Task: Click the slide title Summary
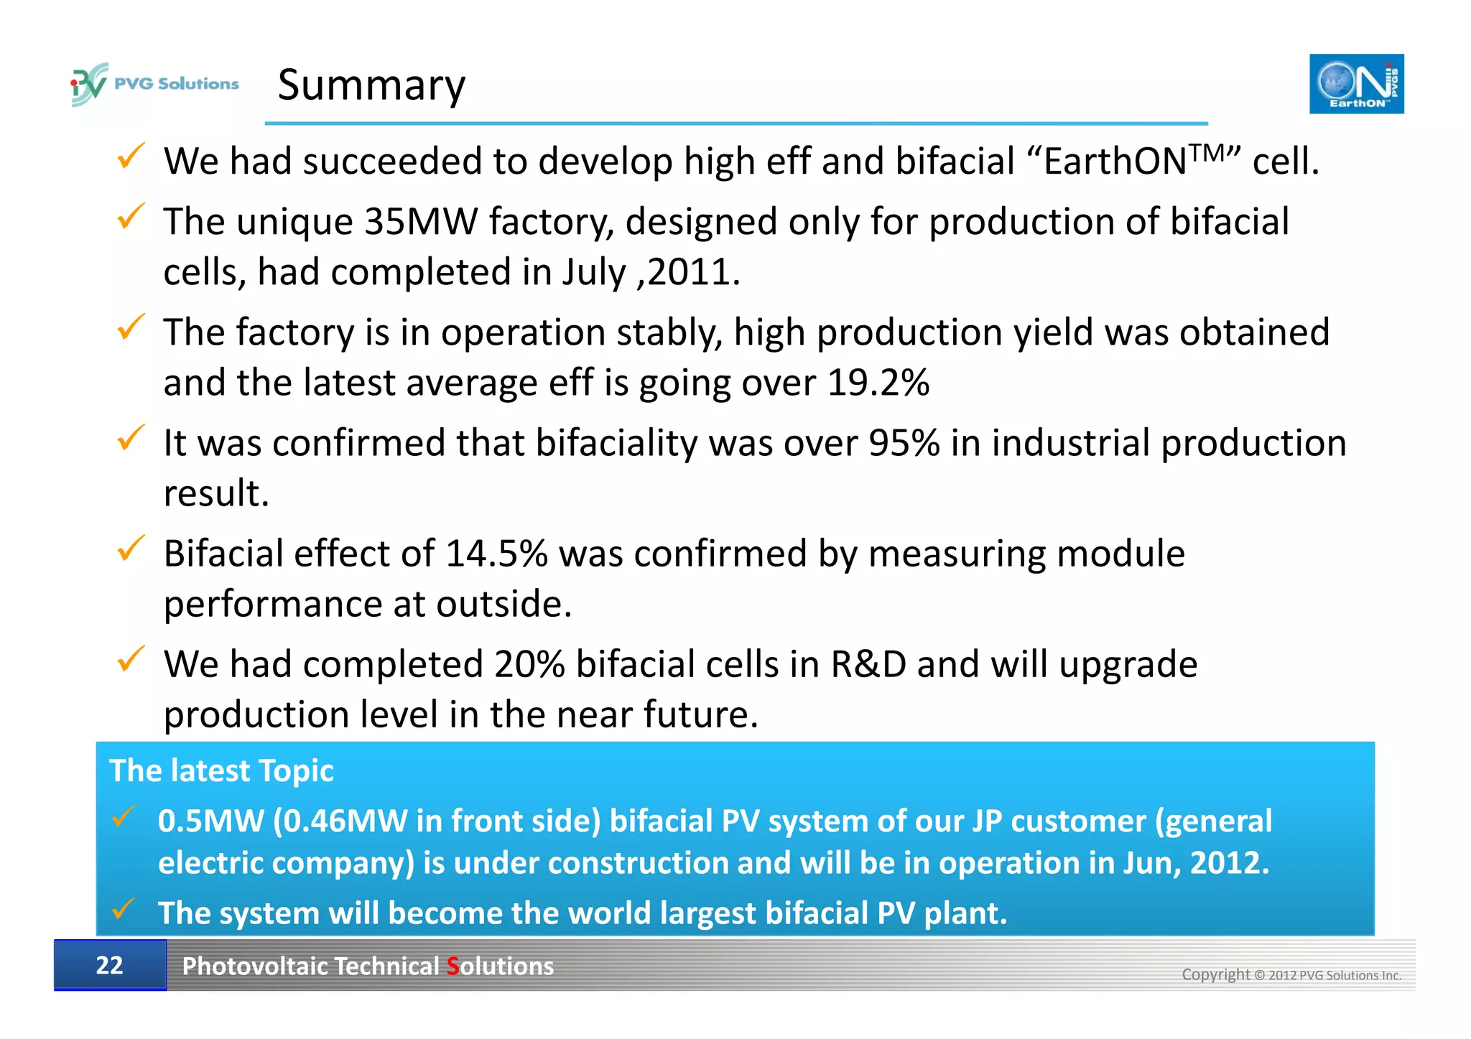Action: pos(371,85)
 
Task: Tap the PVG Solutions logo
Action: pos(155,84)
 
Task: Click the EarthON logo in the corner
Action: pos(1356,84)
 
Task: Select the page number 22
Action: pos(109,965)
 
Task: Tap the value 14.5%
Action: pos(496,554)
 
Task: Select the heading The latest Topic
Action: pos(221,770)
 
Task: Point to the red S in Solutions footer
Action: pos(453,966)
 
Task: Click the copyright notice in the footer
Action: pos(1291,974)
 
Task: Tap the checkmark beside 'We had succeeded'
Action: pos(130,156)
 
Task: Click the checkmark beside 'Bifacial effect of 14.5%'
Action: pos(130,549)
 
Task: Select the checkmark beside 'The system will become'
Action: pos(124,909)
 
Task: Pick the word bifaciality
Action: pos(616,443)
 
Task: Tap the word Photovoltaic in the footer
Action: pos(254,966)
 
